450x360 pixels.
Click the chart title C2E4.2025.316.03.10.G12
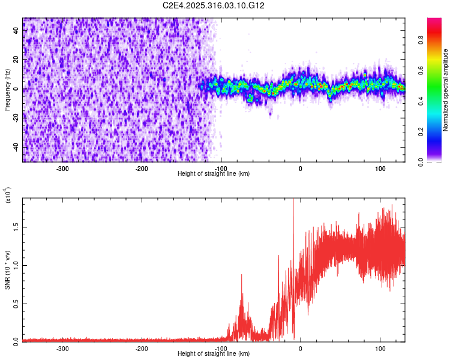click(x=214, y=5)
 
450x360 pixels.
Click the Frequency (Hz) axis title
click(x=7, y=89)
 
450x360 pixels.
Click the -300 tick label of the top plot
click(x=63, y=168)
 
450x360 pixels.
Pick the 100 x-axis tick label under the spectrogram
click(x=380, y=168)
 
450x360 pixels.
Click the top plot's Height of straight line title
click(x=214, y=174)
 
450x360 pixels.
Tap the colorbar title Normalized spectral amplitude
click(x=446, y=89)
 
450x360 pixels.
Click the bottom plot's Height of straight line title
click(x=214, y=354)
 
